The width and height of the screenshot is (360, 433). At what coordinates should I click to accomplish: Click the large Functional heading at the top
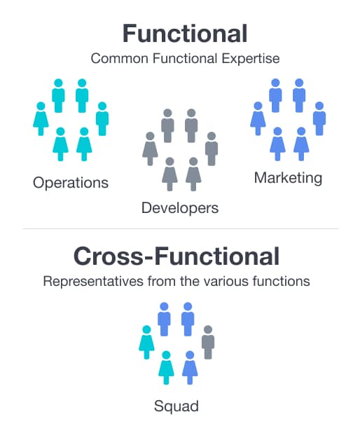185,34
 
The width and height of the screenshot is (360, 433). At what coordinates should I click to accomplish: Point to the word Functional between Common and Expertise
185,59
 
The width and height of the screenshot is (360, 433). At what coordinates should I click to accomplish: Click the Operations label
71,183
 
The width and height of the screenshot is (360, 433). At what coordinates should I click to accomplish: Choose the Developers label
180,208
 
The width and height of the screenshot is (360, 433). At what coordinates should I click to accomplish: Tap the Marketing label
288,178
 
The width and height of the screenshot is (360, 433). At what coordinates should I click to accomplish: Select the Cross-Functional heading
176,256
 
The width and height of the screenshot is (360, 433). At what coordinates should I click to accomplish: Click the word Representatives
93,282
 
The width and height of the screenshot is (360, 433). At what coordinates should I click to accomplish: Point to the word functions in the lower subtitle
282,282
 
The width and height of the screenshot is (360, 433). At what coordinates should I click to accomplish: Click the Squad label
176,406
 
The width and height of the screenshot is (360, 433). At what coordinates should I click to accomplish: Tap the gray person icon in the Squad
208,342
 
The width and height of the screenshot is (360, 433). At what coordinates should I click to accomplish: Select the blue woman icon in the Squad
190,368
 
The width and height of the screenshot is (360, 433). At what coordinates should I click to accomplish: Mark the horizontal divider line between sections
181,228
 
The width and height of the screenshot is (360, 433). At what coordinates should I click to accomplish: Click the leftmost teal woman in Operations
41,118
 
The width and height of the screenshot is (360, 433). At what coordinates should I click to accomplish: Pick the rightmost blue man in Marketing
319,118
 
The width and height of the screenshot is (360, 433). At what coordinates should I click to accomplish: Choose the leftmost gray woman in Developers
150,149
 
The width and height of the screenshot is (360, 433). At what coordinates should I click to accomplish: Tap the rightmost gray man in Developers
212,149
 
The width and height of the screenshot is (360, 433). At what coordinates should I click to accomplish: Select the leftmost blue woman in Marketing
258,118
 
